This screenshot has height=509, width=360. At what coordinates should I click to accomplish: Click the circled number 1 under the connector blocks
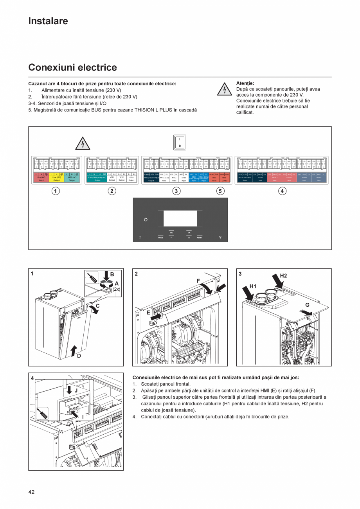[x=56, y=191]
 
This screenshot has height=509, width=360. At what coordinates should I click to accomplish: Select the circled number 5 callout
[x=220, y=191]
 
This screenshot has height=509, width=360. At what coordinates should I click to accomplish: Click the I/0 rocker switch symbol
[x=180, y=143]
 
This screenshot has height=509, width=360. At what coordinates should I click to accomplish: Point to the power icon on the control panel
[x=146, y=220]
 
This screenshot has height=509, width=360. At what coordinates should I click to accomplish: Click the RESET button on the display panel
[x=200, y=237]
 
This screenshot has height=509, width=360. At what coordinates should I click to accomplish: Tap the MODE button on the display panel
[x=160, y=237]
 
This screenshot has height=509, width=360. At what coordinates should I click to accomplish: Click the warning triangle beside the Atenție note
[x=224, y=90]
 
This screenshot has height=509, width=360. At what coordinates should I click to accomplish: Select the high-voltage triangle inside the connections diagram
[x=83, y=144]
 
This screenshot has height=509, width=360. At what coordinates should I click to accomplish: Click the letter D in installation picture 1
[x=79, y=356]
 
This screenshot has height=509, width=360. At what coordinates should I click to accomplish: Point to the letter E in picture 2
[x=149, y=313]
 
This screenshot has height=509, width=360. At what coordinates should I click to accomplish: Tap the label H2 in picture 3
[x=283, y=276]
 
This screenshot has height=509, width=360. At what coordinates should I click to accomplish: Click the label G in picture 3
[x=307, y=304]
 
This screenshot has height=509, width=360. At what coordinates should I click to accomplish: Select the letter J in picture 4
[x=76, y=390]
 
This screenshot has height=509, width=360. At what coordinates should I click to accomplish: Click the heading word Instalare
[x=48, y=21]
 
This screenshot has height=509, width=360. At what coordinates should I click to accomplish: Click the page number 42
[x=31, y=492]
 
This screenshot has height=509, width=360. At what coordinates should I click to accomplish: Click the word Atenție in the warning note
[x=245, y=83]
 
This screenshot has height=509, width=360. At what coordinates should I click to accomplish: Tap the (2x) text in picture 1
[x=117, y=290]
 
